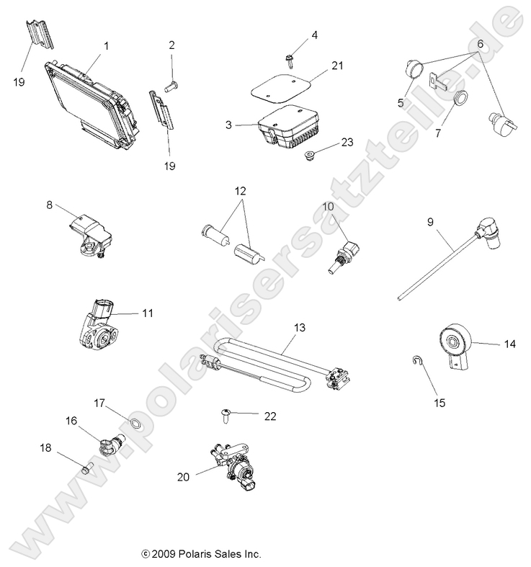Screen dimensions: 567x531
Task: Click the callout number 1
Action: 107,45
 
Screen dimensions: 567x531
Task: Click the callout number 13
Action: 299,328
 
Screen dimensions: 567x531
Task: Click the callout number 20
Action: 182,476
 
